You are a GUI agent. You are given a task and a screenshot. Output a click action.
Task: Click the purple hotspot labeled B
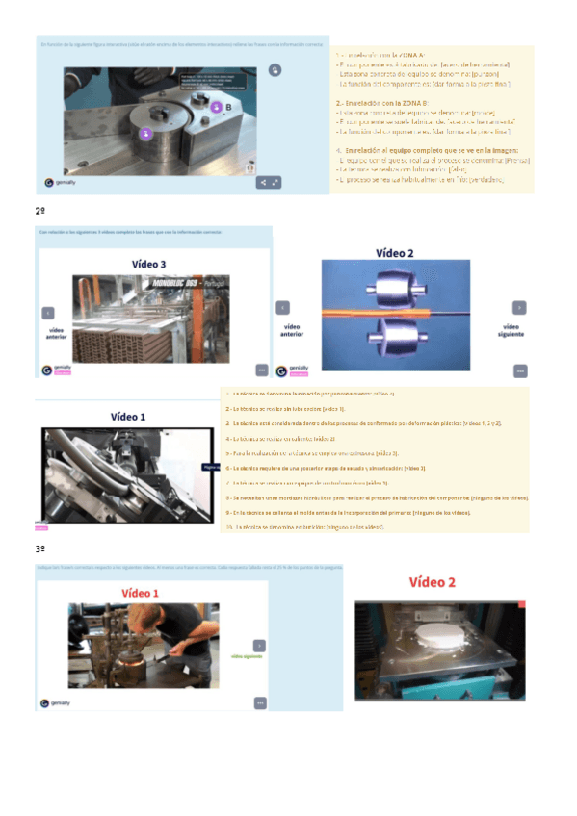pos(217,107)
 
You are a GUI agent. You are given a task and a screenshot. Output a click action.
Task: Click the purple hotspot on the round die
pos(145,134)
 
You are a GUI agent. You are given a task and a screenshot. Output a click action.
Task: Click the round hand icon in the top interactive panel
pos(275,69)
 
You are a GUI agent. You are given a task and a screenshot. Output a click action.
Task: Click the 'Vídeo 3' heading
pos(148,263)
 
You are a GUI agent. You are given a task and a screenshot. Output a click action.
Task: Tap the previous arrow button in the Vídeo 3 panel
pos(48,313)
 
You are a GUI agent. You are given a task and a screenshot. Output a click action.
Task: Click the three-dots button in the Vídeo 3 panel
pos(260,370)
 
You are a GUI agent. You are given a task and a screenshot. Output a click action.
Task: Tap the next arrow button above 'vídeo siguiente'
pos(518,308)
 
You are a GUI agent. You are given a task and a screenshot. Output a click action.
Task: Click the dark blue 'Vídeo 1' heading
pos(128,417)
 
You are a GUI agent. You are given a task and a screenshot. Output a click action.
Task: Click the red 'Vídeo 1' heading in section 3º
pos(141,593)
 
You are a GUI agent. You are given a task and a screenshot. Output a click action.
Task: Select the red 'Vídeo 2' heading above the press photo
pos(433,582)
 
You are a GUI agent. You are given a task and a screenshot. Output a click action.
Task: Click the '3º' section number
pos(40,548)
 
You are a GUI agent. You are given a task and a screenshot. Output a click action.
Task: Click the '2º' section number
pos(40,209)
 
